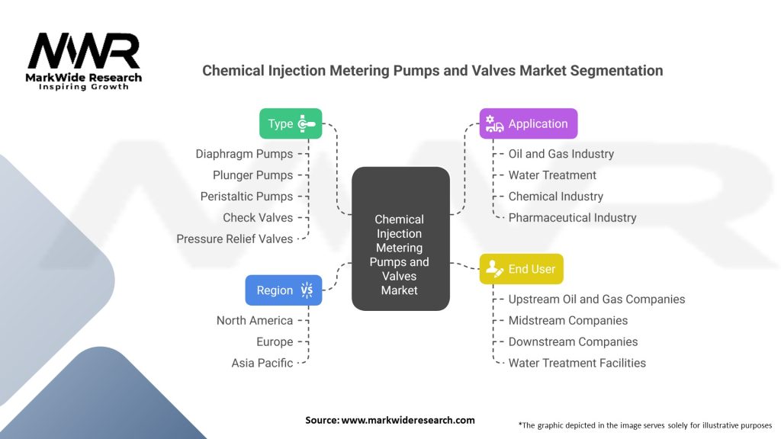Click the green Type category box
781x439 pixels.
click(291, 123)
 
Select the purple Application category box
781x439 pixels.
click(529, 123)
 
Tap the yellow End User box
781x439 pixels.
click(522, 269)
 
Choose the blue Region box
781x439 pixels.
click(284, 290)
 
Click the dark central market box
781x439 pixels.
click(400, 239)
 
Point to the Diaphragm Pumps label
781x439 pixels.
click(244, 154)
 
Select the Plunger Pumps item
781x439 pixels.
click(252, 175)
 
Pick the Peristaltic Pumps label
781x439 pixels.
click(246, 197)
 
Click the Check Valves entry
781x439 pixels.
click(258, 217)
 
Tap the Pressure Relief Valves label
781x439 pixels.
click(235, 239)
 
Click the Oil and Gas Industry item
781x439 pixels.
click(561, 154)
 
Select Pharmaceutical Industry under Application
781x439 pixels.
click(572, 217)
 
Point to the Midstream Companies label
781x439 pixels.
click(567, 321)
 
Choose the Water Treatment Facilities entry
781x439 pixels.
click(577, 363)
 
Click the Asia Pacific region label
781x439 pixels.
click(262, 363)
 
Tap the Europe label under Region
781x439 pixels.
click(275, 342)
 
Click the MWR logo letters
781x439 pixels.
click(84, 51)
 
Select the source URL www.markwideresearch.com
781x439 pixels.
click(408, 420)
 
